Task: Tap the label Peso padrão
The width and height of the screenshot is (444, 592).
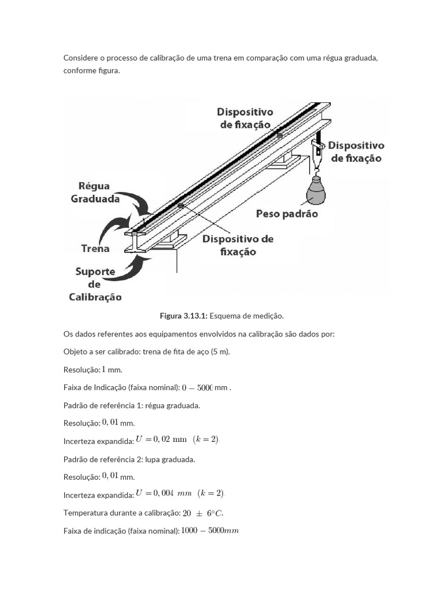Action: point(287,214)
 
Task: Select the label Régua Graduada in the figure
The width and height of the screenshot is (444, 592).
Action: point(95,193)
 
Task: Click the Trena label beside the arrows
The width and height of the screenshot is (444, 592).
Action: point(95,249)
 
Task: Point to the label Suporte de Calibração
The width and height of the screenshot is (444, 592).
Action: point(95,284)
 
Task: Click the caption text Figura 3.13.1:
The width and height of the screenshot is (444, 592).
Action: point(184,316)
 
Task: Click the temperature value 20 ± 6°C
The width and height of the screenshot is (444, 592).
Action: point(202,513)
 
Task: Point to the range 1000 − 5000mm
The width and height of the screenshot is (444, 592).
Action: point(209,531)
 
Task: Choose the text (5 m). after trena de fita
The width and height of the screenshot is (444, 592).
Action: point(220,351)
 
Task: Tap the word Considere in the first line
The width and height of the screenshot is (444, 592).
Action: point(80,58)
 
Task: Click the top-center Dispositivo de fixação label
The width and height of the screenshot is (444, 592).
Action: point(245,118)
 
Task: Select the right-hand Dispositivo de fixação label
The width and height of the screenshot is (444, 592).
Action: point(356,151)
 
